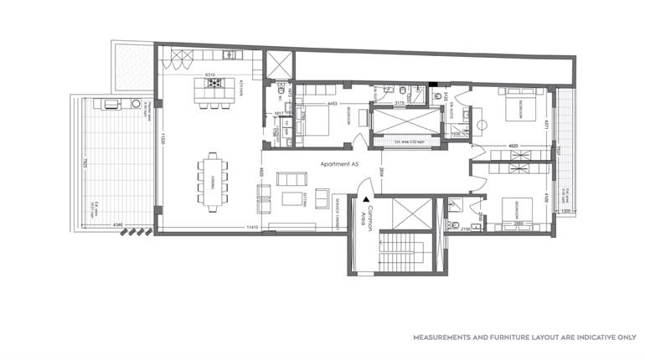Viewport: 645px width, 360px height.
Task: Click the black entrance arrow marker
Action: (x=367, y=199)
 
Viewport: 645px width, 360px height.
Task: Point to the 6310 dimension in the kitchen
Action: (x=210, y=74)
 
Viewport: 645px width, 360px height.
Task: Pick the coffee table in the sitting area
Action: (x=292, y=198)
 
